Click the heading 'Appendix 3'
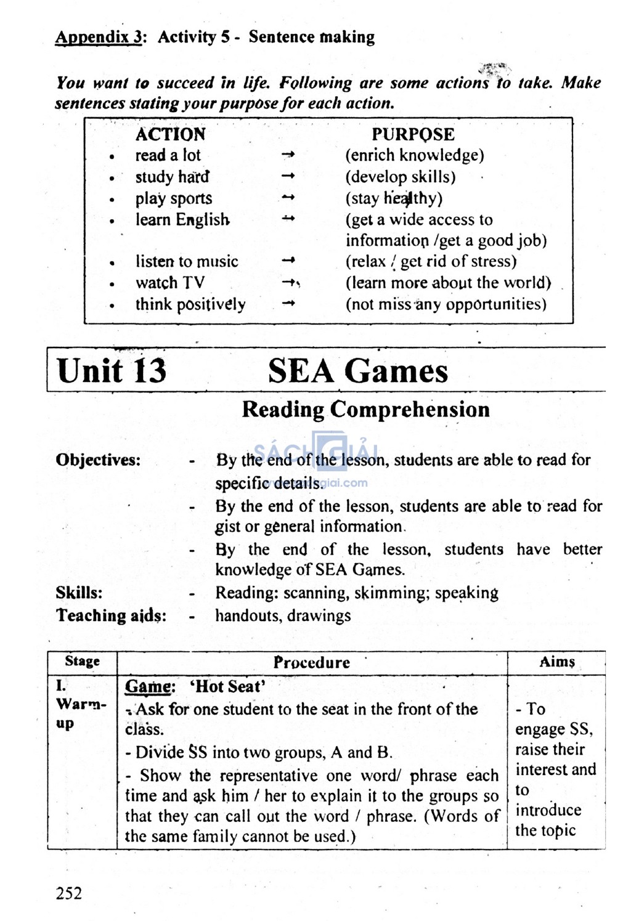99,37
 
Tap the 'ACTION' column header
170,134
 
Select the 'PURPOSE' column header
413,134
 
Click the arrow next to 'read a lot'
288,155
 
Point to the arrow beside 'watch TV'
289,283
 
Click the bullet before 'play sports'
112,200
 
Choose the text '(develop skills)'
401,177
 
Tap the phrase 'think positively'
190,304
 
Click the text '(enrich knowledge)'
415,155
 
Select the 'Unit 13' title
112,371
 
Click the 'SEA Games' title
357,371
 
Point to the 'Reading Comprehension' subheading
365,410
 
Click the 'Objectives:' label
98,460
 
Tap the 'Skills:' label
79,593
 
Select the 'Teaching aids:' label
111,615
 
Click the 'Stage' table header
82,662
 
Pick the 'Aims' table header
556,662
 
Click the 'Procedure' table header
312,663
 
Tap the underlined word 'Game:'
150,687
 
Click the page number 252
68,893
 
